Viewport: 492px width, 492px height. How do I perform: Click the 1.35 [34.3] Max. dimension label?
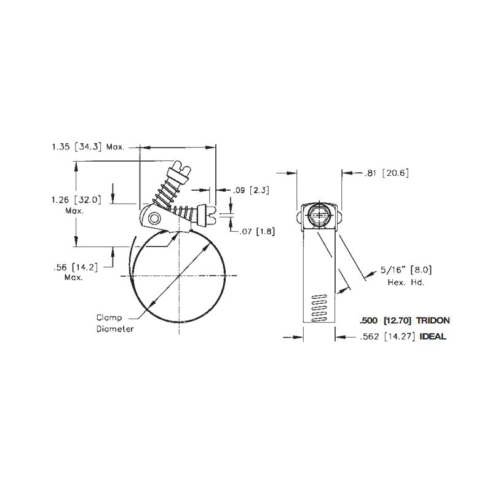pos(89,148)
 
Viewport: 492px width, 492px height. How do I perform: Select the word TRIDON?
pos(433,320)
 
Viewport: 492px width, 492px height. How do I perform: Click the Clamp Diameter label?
pos(114,323)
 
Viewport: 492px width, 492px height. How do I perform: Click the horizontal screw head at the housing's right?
pos(211,215)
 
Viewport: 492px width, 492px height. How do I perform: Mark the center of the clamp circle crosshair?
pos(178,278)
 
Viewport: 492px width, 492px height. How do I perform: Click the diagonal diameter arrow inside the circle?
pos(178,278)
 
